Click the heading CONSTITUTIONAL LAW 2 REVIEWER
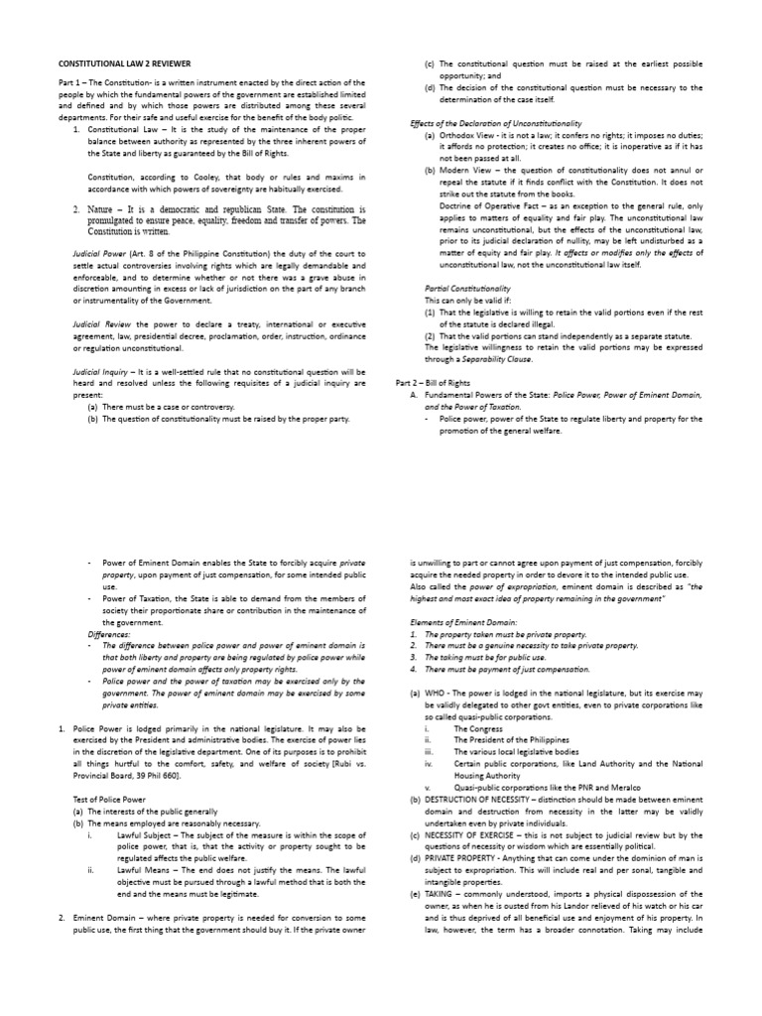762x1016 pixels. point(126,62)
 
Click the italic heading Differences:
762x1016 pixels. point(108,633)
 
